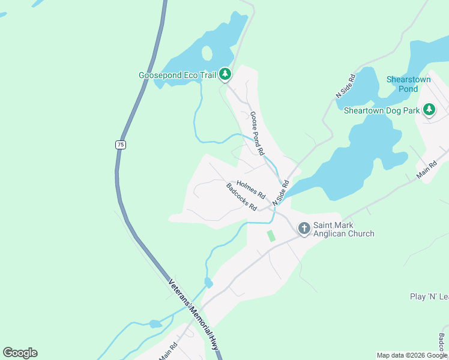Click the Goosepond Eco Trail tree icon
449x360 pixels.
(225, 74)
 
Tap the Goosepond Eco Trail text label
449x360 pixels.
(177, 76)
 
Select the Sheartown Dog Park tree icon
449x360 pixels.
(429, 110)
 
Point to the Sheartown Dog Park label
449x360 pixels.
(381, 110)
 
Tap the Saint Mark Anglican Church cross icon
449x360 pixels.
(304, 228)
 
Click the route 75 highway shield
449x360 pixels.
(121, 145)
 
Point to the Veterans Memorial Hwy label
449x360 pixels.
(193, 314)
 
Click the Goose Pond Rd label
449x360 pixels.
(257, 134)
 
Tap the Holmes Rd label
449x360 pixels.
(251, 189)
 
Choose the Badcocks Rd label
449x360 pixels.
(242, 197)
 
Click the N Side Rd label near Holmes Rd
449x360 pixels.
(281, 193)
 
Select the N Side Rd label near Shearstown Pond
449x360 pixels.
(346, 86)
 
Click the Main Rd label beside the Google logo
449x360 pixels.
(169, 350)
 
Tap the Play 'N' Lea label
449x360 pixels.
(429, 296)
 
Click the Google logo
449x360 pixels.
(20, 353)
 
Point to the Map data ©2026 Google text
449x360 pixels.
(412, 355)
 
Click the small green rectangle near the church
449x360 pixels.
(271, 235)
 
